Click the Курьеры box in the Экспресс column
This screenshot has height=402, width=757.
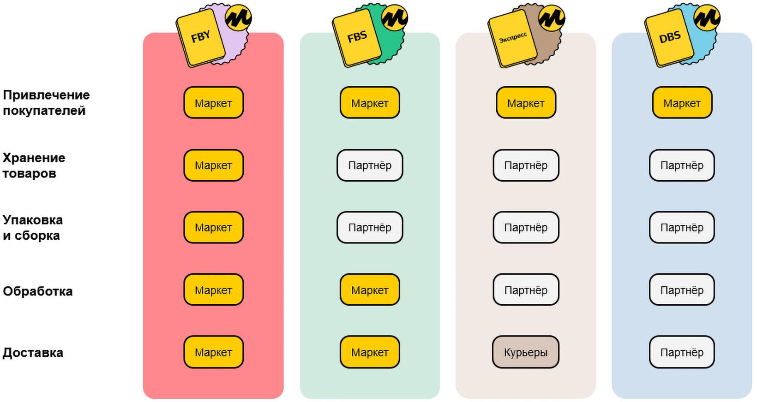525,352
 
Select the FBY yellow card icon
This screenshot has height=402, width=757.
201,37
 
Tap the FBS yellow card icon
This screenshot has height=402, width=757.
357,37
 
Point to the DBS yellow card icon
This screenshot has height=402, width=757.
669,37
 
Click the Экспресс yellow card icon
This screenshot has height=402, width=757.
513,37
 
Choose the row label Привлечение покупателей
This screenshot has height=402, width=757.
46,103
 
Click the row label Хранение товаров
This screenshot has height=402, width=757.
34,166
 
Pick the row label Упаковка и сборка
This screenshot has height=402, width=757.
33,227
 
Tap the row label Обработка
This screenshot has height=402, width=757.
37,291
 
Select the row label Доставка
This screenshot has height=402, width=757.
33,352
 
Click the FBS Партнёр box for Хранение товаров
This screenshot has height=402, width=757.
370,166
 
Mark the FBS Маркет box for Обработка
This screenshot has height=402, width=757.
370,290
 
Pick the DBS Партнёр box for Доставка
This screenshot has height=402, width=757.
682,352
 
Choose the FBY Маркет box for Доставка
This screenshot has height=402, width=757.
214,352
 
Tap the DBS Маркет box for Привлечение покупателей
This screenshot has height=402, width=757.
682,103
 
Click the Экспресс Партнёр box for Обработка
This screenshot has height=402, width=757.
525,290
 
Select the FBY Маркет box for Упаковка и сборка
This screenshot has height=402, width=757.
214,227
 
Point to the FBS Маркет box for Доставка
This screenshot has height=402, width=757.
370,352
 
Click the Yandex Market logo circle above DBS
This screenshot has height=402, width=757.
707,18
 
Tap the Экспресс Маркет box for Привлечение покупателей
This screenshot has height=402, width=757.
526,103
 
